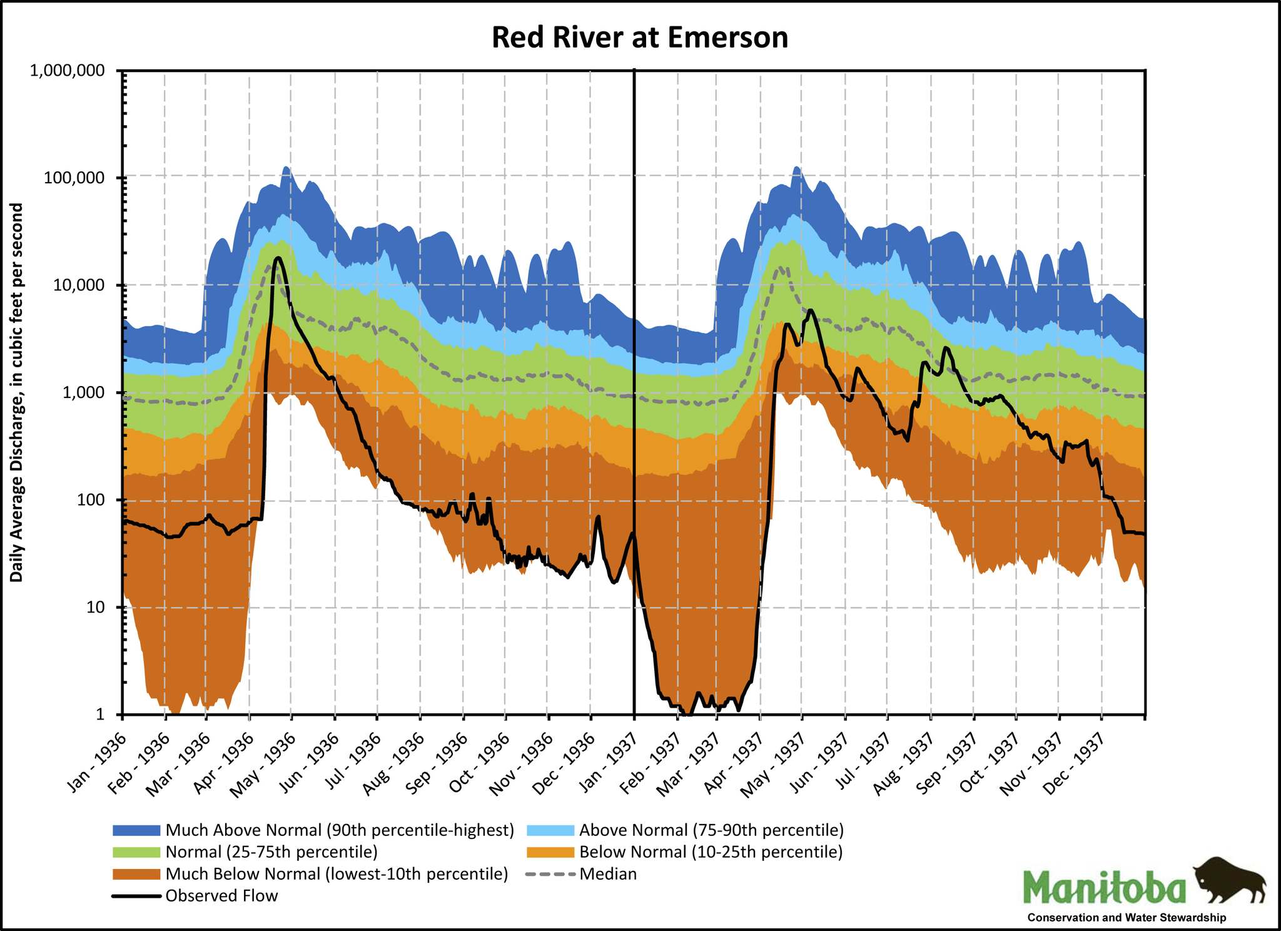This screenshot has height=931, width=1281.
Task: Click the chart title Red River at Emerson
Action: pyautogui.click(x=639, y=38)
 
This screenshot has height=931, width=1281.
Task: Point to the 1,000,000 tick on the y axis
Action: pyautogui.click(x=67, y=70)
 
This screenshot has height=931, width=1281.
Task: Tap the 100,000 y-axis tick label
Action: pyautogui.click(x=74, y=178)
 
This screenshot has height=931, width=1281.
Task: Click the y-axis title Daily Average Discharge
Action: pyautogui.click(x=17, y=392)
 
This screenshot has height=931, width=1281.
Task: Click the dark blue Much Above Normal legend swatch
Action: pyautogui.click(x=136, y=830)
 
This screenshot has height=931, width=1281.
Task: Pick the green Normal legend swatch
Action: pyautogui.click(x=136, y=852)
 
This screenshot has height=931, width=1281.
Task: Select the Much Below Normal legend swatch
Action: pyautogui.click(x=136, y=874)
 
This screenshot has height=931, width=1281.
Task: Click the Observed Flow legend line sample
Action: pyautogui.click(x=136, y=896)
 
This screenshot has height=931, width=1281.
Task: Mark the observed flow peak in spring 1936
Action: pyautogui.click(x=278, y=258)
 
